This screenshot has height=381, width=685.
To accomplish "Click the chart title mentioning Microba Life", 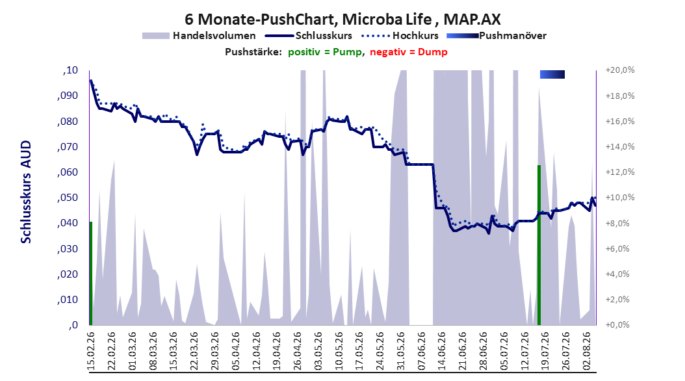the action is click(342, 20).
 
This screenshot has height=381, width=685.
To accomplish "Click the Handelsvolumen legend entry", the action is click(199, 36).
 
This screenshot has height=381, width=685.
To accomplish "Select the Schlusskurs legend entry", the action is click(309, 36).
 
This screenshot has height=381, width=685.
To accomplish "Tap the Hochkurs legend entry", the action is click(400, 36).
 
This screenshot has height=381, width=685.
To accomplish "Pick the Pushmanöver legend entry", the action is click(497, 36).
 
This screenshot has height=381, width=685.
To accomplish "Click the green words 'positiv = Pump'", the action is click(325, 52).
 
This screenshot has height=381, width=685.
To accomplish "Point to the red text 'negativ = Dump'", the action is click(409, 52).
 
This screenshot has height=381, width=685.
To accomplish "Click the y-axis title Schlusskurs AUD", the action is click(26, 192).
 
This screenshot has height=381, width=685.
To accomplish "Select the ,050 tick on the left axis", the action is click(68, 198).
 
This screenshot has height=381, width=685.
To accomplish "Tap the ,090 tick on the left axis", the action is click(68, 96).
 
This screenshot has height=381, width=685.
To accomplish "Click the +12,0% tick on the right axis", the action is click(620, 172).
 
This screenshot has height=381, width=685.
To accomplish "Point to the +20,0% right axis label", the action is click(620, 70).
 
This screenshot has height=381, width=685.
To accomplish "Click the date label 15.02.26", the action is click(91, 351).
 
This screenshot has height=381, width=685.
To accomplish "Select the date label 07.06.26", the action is click(421, 351).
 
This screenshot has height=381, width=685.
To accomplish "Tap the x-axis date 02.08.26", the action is click(586, 351).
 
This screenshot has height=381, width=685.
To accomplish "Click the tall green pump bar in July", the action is click(539, 245).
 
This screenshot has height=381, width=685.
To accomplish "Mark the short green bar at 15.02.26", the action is click(91, 274).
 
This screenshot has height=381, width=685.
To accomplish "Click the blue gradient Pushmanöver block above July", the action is click(552, 74).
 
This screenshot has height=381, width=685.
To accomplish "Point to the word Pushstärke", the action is click(253, 52).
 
